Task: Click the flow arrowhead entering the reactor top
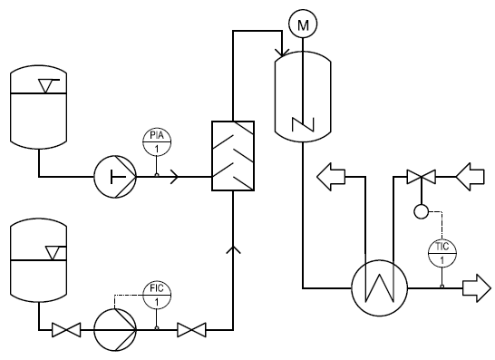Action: (x=282, y=53)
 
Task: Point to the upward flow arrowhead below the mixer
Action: (x=233, y=249)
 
